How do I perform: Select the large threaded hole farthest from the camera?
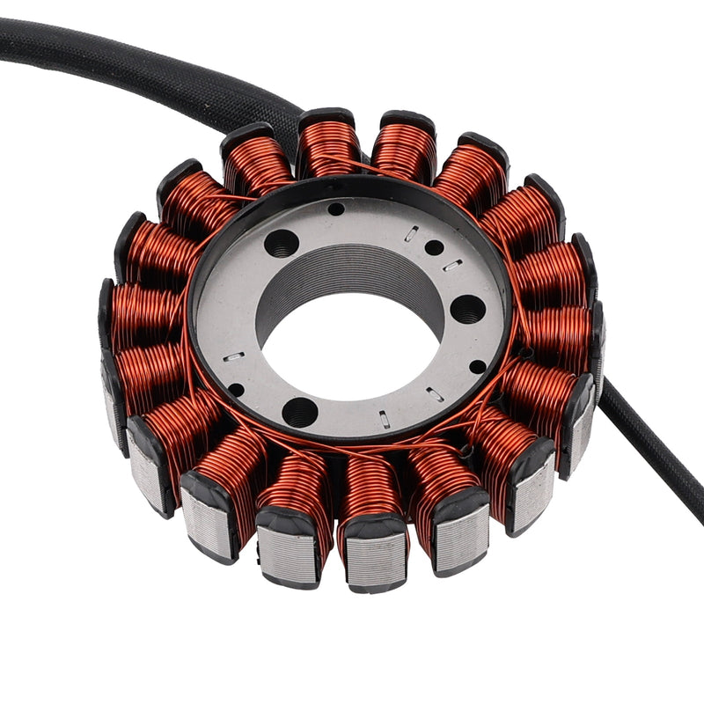tap(282, 242)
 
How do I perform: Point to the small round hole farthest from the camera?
tap(336, 209)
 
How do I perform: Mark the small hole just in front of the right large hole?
tap(477, 366)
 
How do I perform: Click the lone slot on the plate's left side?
tap(234, 356)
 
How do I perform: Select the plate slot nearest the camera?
tap(385, 420)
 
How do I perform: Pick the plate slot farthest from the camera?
tap(412, 233)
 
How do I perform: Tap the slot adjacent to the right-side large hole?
tap(451, 265)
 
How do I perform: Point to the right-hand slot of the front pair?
tap(435, 394)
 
